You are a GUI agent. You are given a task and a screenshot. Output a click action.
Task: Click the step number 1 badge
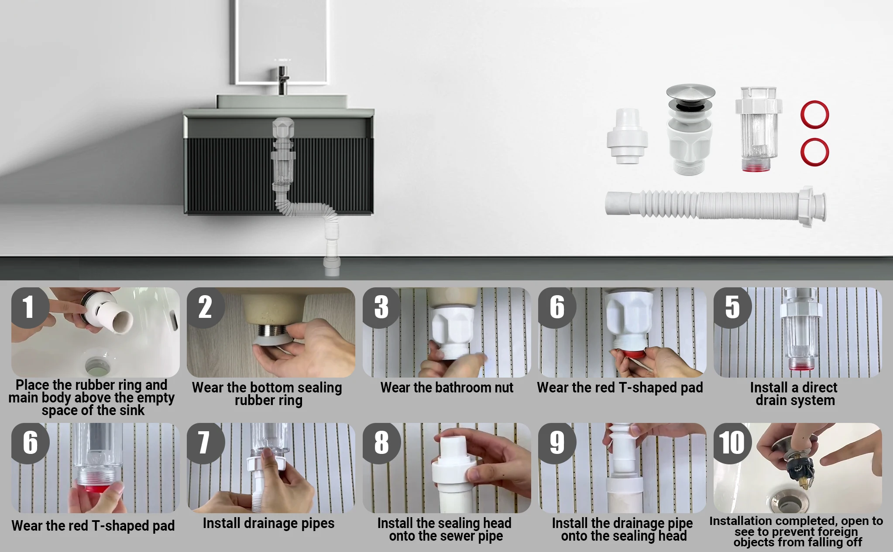[29, 307]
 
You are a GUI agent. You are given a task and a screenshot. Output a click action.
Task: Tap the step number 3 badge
[381, 307]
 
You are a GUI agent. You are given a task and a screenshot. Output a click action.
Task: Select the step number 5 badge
[732, 307]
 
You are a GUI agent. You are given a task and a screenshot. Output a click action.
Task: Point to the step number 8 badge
[381, 443]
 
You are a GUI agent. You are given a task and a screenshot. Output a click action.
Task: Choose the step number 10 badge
[732, 443]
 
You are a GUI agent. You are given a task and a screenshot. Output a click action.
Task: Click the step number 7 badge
[205, 443]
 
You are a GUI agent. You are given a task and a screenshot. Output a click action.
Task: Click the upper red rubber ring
[814, 115]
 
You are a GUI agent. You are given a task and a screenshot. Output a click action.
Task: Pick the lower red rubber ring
[814, 152]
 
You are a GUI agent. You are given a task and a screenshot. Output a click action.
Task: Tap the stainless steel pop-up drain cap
[690, 92]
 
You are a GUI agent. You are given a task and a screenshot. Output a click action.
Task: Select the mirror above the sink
[281, 42]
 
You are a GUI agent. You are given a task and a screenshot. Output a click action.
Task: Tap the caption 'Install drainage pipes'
[268, 523]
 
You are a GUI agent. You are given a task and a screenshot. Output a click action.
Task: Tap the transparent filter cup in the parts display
[759, 129]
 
